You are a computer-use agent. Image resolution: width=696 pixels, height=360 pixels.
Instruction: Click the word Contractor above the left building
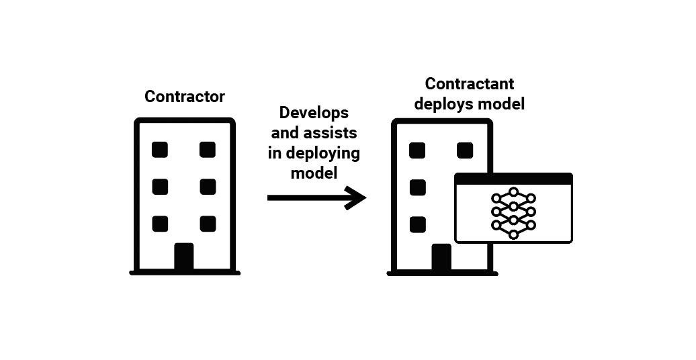pos(185,97)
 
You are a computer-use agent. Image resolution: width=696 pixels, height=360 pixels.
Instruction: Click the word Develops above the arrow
pos(314,112)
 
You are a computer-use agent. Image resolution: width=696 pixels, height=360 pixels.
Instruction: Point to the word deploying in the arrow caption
pos(323,153)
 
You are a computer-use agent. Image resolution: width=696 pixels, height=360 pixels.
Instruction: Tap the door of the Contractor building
pos(184,257)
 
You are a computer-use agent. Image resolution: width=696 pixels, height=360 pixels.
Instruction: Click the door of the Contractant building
pos(441,259)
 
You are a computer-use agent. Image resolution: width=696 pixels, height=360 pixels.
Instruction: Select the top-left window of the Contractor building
pos(160,149)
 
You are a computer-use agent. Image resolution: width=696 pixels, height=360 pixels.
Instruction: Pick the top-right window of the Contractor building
pos(208,149)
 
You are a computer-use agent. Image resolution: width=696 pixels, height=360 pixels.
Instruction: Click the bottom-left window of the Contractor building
pos(160,224)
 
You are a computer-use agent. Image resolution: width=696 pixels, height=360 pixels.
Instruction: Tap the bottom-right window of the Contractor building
pos(208,224)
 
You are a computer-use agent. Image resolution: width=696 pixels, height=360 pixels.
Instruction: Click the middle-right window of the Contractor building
pos(208,187)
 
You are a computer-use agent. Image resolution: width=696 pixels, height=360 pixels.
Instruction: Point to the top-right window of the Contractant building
pos(465,150)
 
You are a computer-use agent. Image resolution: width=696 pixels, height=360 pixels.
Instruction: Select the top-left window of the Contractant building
pos(417,150)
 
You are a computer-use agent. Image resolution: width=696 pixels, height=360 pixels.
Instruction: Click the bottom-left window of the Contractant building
pos(417,224)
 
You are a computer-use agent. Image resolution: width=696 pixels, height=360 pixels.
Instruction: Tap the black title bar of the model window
pos(513,179)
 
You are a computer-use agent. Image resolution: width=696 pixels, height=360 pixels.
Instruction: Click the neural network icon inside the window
pos(513,213)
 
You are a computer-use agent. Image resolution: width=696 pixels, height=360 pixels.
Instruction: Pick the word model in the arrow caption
pos(314,173)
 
